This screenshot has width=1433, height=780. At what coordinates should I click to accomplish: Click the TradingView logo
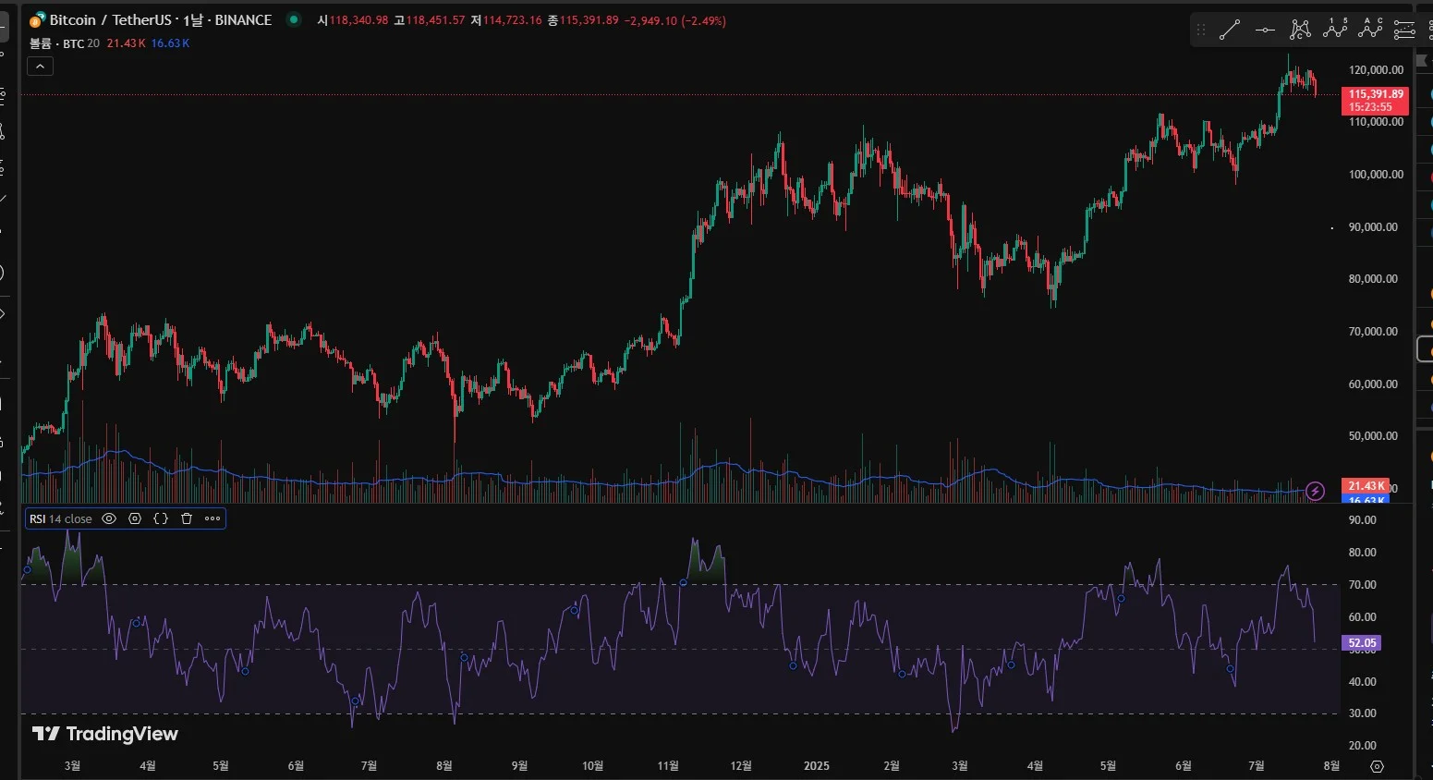(104, 734)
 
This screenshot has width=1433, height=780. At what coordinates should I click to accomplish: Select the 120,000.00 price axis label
(1376, 70)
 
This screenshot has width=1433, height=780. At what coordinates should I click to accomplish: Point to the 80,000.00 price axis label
(1373, 279)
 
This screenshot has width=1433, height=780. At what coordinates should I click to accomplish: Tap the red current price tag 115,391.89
(1375, 94)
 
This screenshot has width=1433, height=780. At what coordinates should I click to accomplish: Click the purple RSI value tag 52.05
(1362, 643)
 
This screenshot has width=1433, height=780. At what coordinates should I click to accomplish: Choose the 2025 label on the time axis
(816, 766)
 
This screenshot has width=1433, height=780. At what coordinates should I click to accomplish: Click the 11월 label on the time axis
(668, 766)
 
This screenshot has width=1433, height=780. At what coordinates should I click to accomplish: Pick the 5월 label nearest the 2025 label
(1108, 766)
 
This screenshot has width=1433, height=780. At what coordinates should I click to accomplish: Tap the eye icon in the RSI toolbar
(109, 518)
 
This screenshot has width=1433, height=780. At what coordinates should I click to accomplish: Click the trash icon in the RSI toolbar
(187, 518)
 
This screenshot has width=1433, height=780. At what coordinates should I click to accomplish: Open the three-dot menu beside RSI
(213, 518)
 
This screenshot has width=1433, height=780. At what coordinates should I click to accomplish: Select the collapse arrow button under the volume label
(41, 67)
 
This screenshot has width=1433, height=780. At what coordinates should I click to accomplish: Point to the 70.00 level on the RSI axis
(1362, 585)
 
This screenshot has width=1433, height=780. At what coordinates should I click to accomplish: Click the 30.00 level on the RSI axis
(1362, 713)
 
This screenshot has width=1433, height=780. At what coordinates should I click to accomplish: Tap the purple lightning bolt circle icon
(1316, 491)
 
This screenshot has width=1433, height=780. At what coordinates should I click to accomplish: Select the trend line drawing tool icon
(1230, 30)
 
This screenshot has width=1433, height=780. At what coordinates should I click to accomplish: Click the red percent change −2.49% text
(703, 20)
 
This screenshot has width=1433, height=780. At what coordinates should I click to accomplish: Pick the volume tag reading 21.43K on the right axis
(1365, 486)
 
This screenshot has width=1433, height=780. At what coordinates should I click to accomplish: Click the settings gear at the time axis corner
(1377, 766)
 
